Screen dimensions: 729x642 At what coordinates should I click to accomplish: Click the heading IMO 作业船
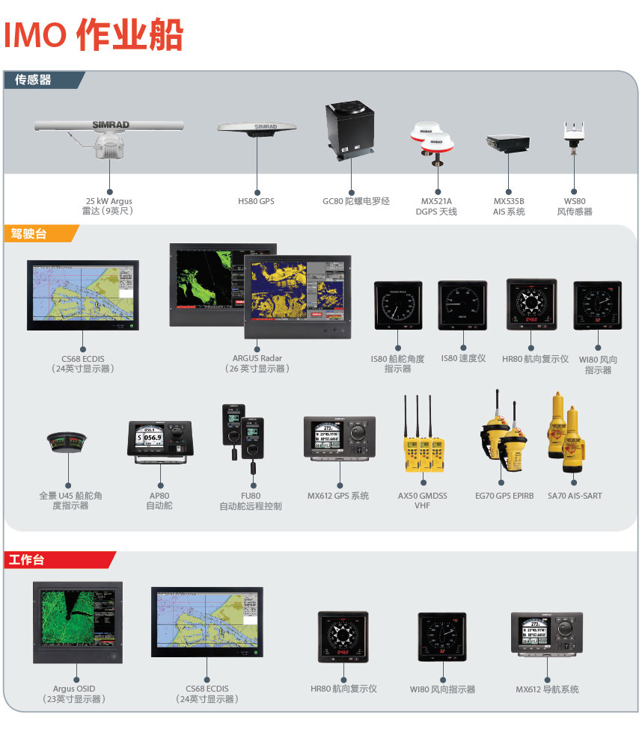[x=94, y=35]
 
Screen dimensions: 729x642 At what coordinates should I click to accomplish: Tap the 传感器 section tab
[x=34, y=79]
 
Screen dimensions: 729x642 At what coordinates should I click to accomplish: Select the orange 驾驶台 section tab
[x=30, y=234]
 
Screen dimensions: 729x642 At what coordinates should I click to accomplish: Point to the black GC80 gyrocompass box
[x=351, y=129]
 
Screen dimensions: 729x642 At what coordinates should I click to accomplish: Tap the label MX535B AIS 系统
[x=509, y=206]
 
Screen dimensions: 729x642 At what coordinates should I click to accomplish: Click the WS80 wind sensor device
[x=575, y=134]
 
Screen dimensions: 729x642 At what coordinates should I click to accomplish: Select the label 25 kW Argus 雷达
[x=109, y=206]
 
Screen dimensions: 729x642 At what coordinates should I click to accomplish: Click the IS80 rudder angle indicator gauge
[x=397, y=305]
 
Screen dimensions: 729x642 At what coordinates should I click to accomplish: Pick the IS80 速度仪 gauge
[x=462, y=305]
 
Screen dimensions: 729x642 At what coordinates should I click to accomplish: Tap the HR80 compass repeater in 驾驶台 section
[x=531, y=304]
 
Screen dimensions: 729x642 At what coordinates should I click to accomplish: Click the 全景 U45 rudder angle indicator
[x=67, y=442]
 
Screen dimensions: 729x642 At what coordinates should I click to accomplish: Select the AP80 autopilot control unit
[x=160, y=440]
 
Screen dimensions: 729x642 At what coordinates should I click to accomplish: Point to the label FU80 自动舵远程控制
[x=251, y=501]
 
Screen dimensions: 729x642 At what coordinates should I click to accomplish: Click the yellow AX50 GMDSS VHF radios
[x=422, y=442]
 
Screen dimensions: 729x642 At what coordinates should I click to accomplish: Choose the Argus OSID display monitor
[x=76, y=623]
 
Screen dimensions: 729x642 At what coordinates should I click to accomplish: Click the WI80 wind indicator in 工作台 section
[x=442, y=638]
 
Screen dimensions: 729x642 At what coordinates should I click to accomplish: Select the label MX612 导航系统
[x=547, y=689]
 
